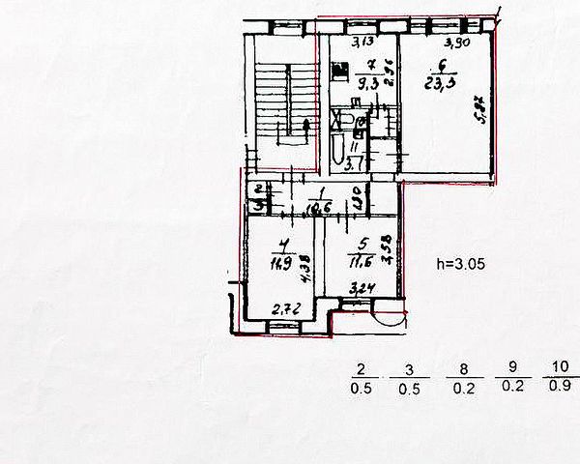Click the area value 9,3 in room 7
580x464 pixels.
367,84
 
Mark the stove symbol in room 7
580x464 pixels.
339,72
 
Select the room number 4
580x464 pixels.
280,245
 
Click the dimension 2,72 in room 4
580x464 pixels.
282,309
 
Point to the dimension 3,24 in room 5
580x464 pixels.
362,287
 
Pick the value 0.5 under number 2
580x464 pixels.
362,389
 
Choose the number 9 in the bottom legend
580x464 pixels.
509,368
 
